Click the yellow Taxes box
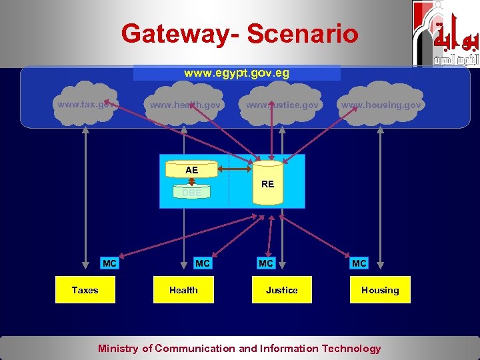[85, 290]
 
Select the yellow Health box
[183, 290]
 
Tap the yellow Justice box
[281, 290]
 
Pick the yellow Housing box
[380, 290]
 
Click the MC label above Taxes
[110, 263]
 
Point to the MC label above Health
[203, 263]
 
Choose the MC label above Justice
[266, 263]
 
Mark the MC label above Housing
[359, 263]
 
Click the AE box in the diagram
[192, 170]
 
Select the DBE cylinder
[192, 192]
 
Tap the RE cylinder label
[267, 183]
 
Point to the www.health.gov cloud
[185, 105]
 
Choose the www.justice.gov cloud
[282, 105]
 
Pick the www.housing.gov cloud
[381, 105]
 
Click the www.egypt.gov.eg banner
[237, 73]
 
